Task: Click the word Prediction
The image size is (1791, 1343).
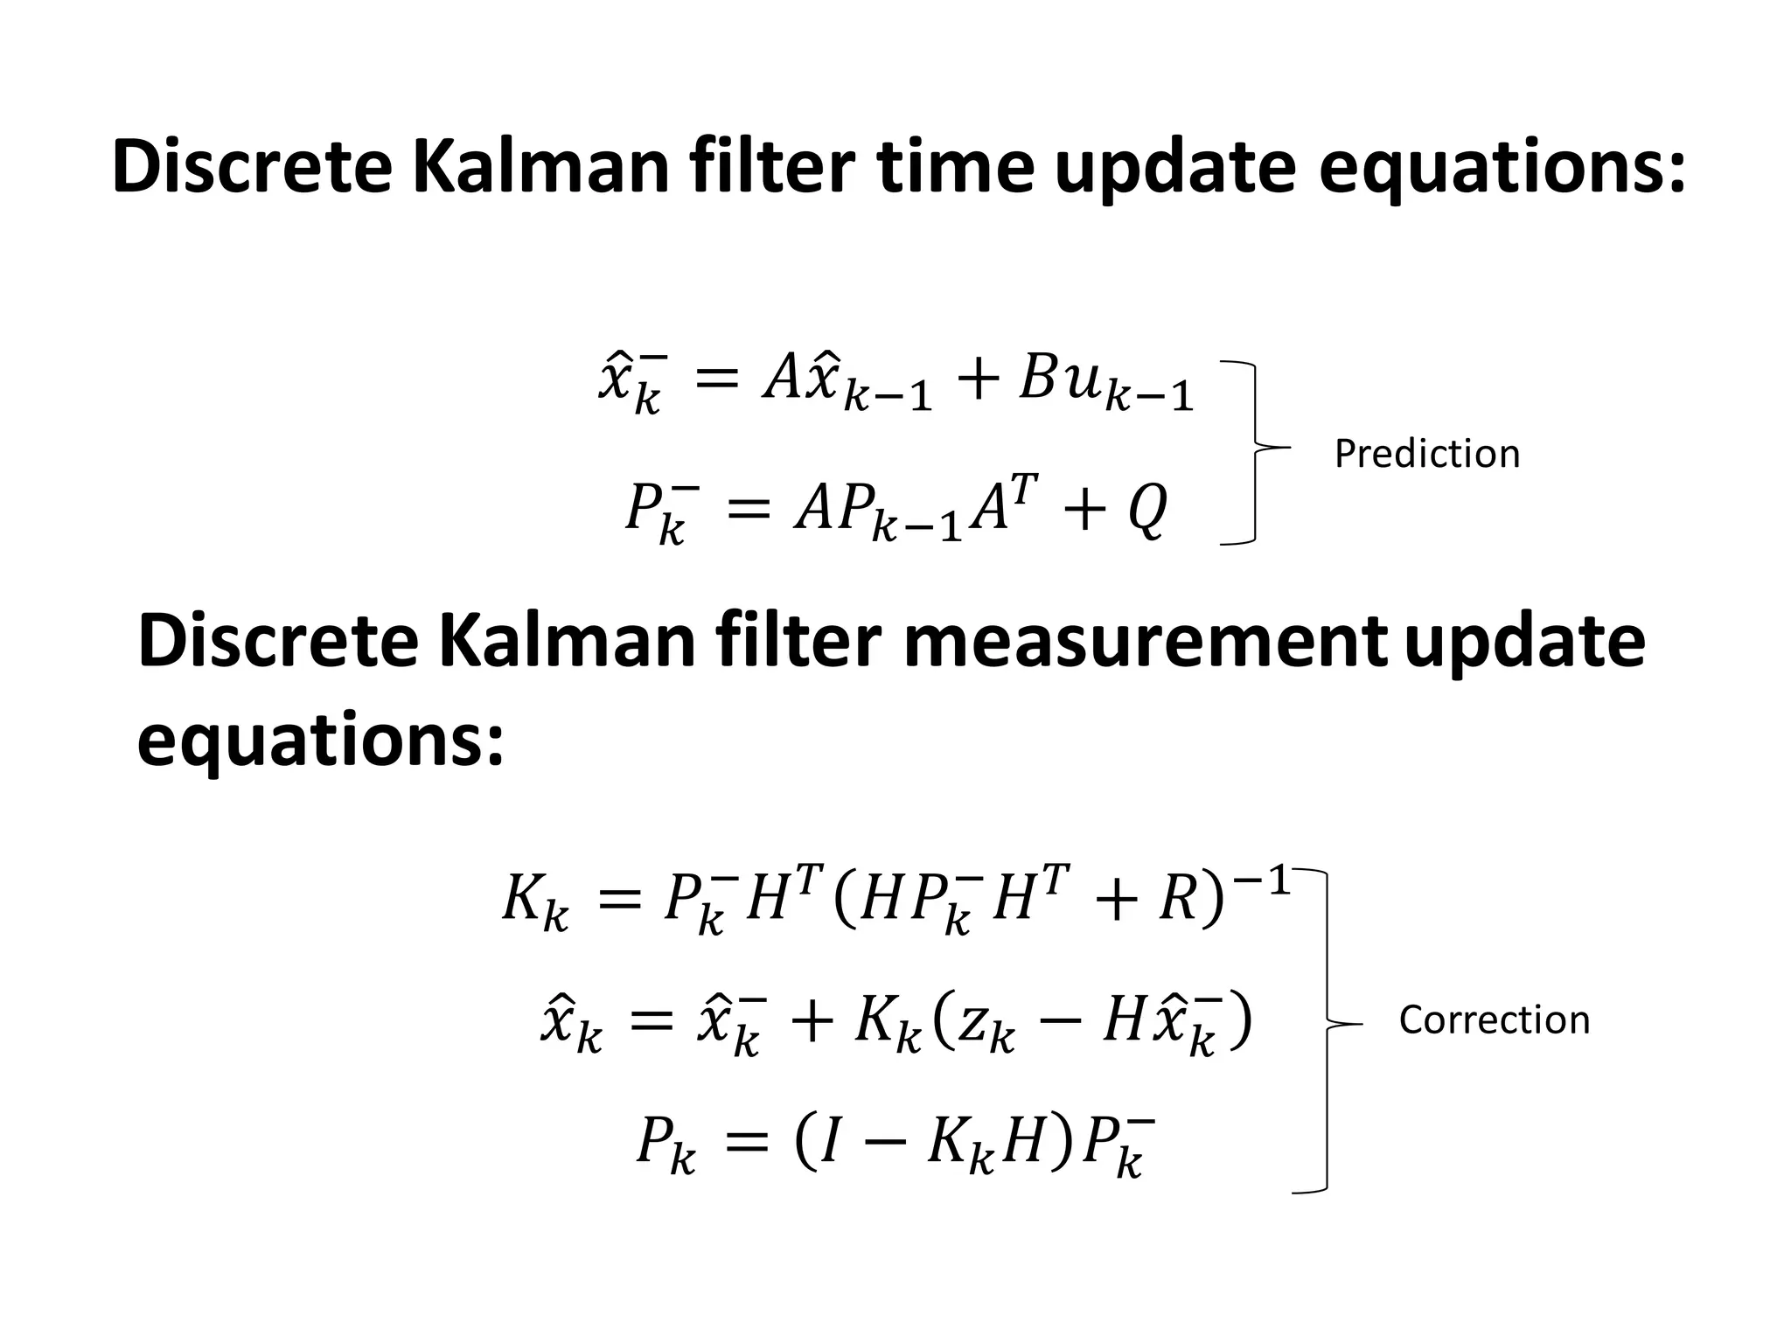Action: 1426,454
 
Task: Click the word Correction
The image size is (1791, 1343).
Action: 1494,1019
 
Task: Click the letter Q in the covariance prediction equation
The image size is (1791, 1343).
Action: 1147,510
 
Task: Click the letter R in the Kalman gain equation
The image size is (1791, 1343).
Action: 1177,901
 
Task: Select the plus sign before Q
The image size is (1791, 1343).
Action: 1084,511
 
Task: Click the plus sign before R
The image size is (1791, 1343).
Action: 1119,902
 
